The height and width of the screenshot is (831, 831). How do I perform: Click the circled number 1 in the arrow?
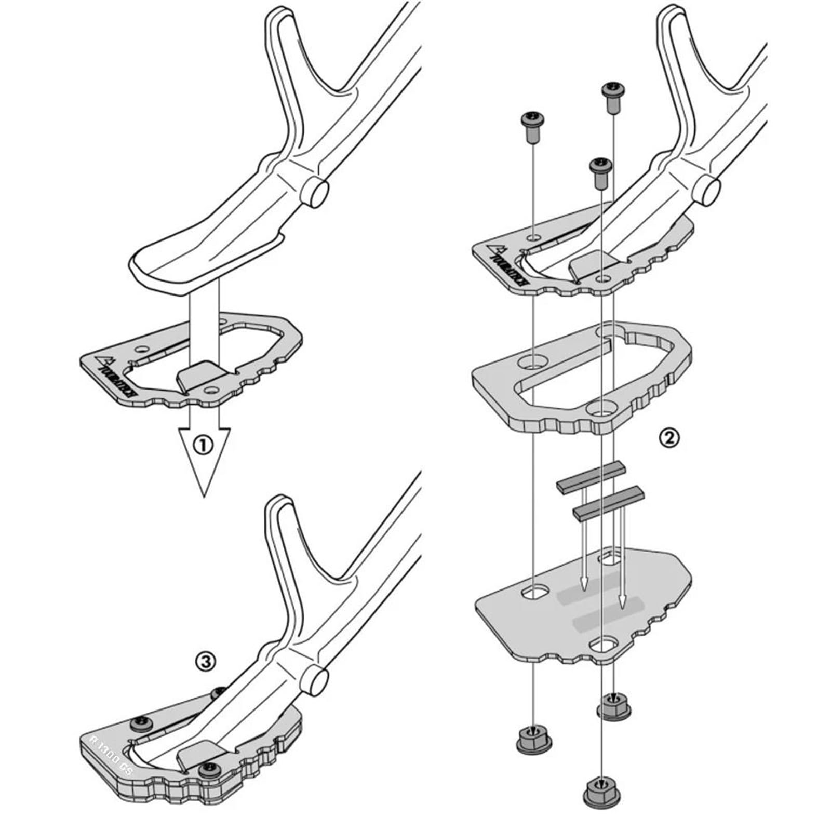point(203,446)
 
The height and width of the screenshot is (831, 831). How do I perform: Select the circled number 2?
point(669,438)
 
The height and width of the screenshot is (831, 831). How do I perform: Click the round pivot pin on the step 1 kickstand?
point(316,193)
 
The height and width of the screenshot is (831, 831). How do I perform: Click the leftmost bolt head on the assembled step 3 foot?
point(140,722)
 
